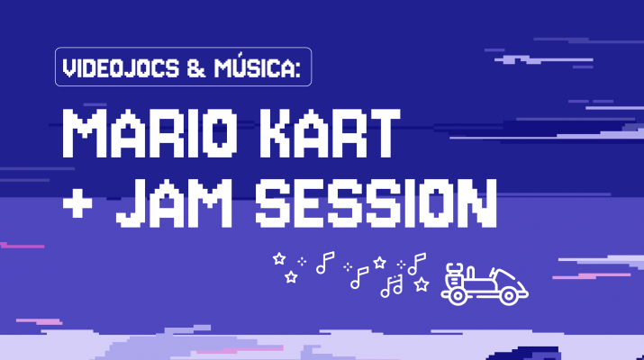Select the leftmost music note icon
(x=324, y=261)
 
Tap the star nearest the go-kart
(x=422, y=284)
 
